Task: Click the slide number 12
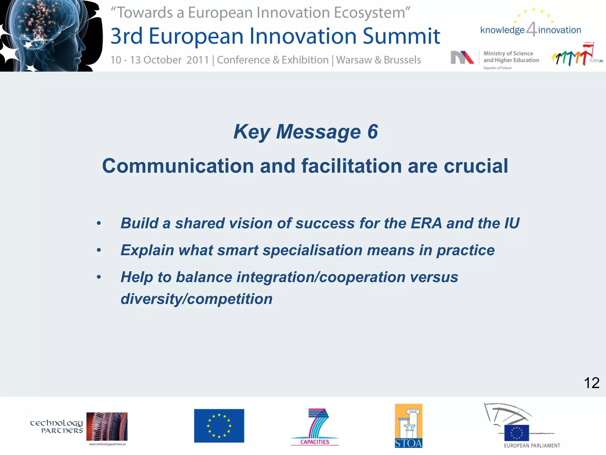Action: (x=592, y=383)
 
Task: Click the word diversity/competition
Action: (x=196, y=299)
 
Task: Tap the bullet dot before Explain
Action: (x=99, y=250)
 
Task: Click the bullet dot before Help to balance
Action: (x=99, y=277)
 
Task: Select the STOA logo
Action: (x=408, y=426)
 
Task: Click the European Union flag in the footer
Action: (x=219, y=426)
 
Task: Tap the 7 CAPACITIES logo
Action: (x=315, y=427)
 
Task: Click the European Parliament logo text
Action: (x=532, y=446)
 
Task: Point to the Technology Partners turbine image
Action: (x=107, y=427)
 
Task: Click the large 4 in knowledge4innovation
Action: (x=531, y=29)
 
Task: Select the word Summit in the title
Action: (x=402, y=36)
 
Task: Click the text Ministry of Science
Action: (x=508, y=53)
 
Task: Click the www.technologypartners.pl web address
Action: (x=107, y=444)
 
